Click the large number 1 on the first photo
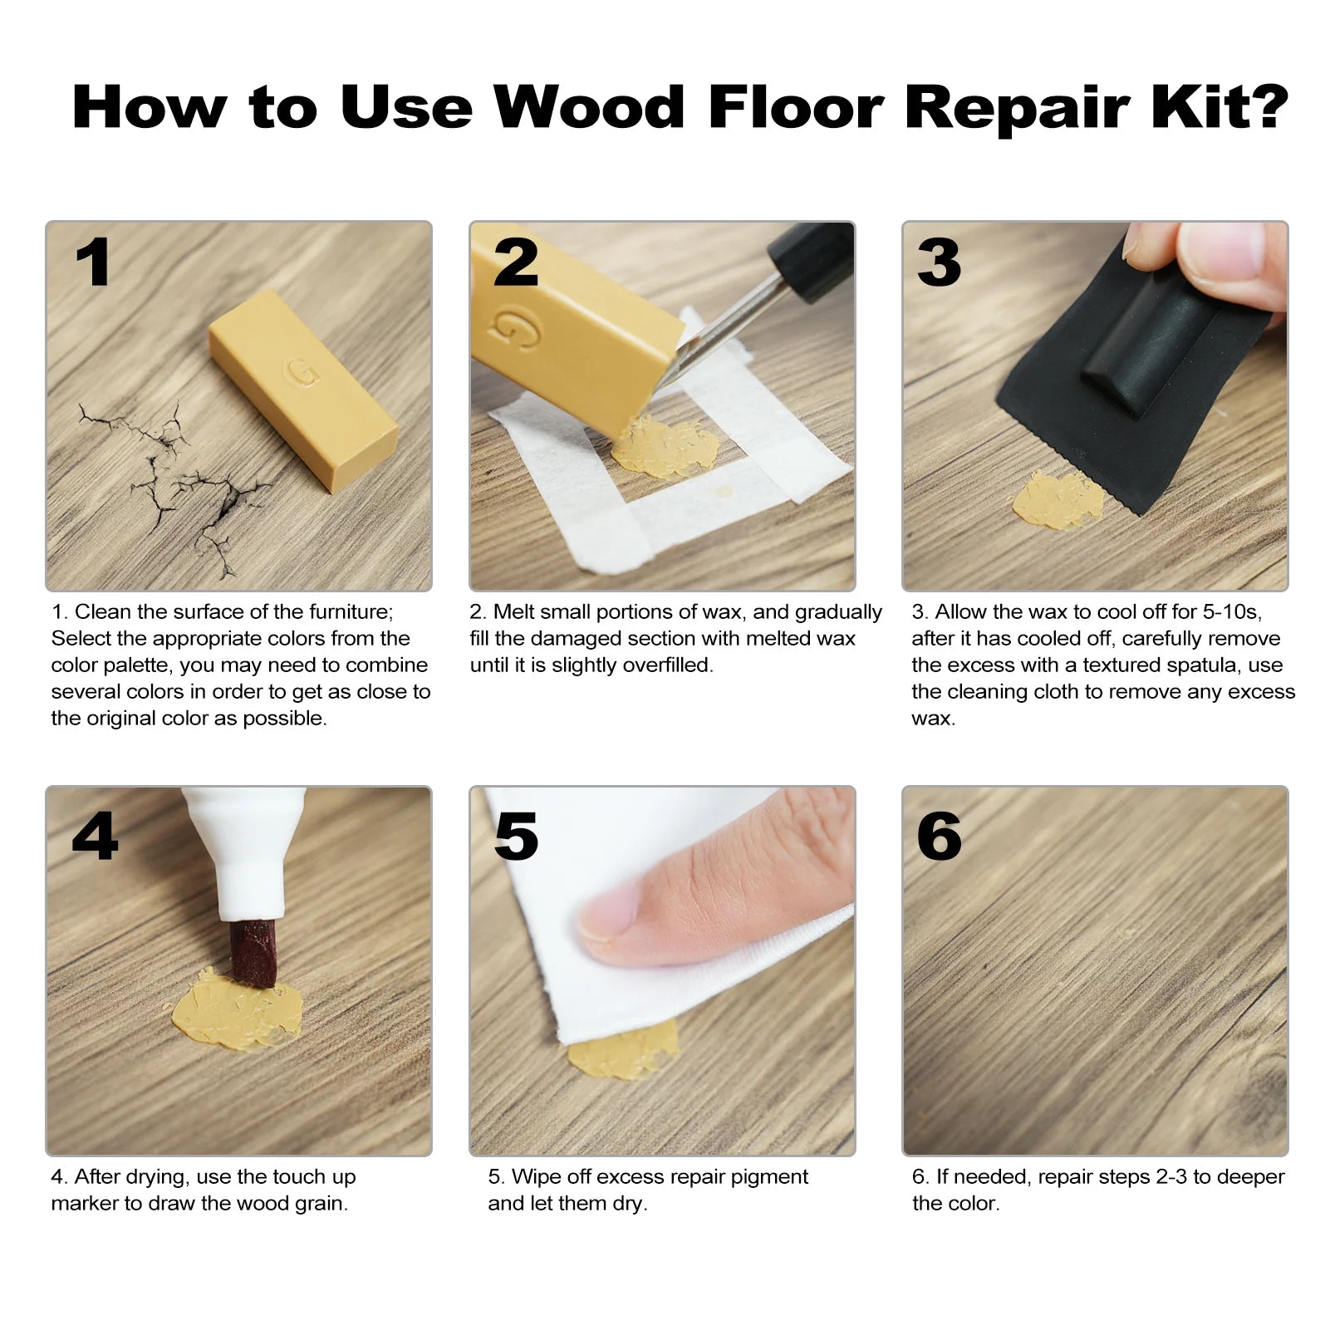[x=93, y=263]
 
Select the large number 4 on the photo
[x=95, y=836]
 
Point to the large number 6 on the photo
[x=940, y=836]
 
